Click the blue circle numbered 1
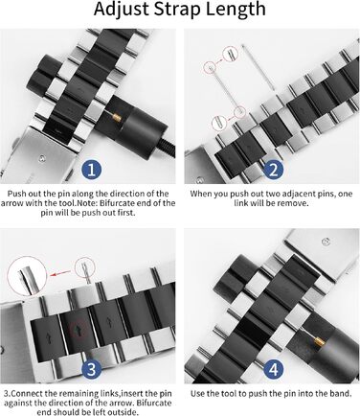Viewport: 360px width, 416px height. [x=92, y=170]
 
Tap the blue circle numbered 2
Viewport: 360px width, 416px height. [x=274, y=170]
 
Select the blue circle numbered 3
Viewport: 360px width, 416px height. [x=92, y=370]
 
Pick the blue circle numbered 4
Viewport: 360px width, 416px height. [x=274, y=370]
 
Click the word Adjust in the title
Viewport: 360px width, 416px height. [x=122, y=10]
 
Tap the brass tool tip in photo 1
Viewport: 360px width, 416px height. [x=117, y=117]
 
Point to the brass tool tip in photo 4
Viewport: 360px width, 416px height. [x=320, y=343]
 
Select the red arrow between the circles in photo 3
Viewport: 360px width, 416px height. [x=61, y=273]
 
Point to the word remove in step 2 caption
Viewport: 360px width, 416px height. [x=296, y=203]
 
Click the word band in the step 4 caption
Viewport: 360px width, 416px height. [x=341, y=393]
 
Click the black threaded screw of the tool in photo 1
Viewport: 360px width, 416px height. [x=169, y=150]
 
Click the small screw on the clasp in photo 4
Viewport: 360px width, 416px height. [x=326, y=242]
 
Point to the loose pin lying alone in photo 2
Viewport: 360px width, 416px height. [x=259, y=67]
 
